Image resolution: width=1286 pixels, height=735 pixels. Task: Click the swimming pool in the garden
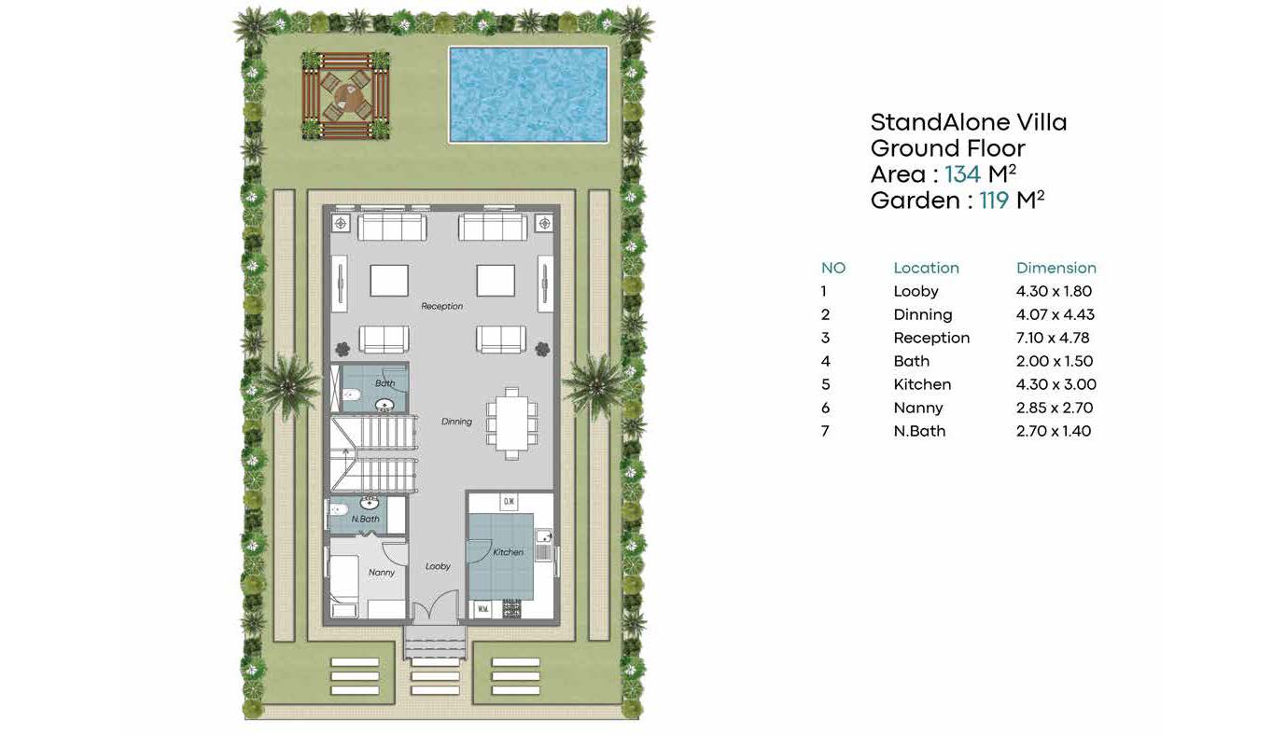tap(527, 94)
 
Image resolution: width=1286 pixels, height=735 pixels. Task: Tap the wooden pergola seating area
tap(345, 96)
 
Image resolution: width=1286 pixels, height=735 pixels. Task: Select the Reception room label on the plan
tap(441, 306)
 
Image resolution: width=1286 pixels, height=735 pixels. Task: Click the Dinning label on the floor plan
tap(456, 422)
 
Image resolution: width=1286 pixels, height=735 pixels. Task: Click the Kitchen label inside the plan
tap(508, 552)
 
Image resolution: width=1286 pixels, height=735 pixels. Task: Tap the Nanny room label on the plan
tap(382, 572)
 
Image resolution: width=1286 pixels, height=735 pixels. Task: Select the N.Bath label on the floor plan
tap(366, 519)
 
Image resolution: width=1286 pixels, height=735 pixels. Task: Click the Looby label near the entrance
tap(438, 566)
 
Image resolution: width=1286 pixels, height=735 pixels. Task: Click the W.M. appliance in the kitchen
tap(482, 609)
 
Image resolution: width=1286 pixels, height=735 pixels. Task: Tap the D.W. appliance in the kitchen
tap(509, 502)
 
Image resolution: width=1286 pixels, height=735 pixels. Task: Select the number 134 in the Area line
tap(963, 174)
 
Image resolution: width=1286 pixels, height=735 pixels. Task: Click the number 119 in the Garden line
tap(994, 201)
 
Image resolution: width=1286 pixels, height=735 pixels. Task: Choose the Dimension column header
tap(1056, 268)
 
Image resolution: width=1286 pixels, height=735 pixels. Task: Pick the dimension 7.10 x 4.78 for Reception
tap(1053, 338)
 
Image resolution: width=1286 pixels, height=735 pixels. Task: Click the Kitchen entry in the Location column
tap(922, 384)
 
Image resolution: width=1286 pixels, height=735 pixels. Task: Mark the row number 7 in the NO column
tap(825, 431)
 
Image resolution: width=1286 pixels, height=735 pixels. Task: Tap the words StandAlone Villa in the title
tap(969, 122)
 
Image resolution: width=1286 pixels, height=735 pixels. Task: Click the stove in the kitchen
tap(511, 609)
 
